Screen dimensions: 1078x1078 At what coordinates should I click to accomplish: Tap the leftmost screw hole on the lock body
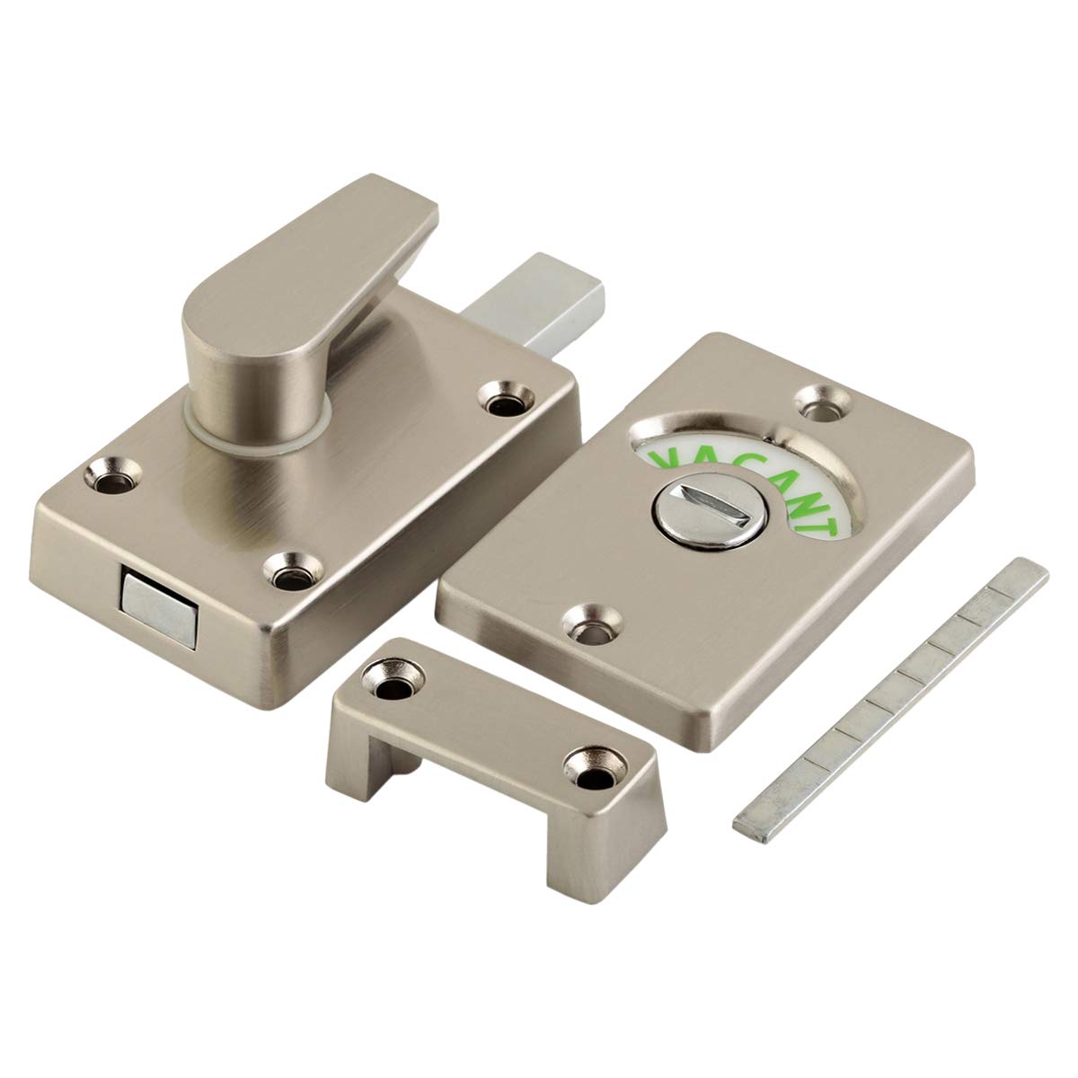click(x=112, y=475)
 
